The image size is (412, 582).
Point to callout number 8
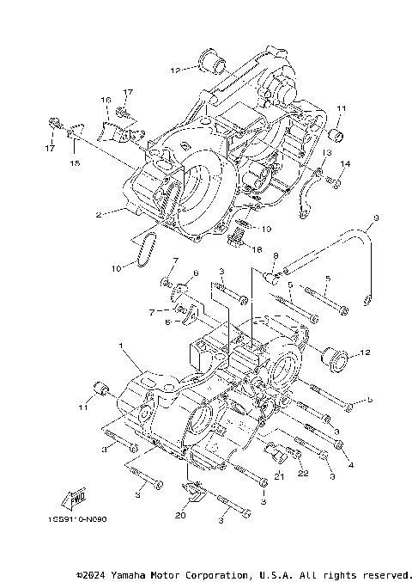point(276,255)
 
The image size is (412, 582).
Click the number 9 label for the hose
point(373,219)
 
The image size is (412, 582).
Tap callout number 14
point(346,163)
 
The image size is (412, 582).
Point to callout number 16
point(107,101)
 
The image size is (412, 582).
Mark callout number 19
point(266,229)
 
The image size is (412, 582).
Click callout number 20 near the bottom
point(179,516)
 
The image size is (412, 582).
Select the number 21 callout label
point(279,477)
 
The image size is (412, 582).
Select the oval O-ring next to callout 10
point(146,248)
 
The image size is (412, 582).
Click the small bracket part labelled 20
point(192,493)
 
